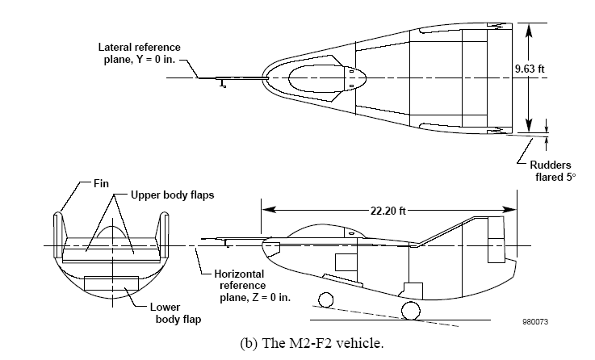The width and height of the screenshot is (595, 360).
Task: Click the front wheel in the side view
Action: pos(326,301)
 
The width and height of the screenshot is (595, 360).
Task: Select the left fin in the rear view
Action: pos(58,232)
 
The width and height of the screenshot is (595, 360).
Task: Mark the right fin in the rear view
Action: pos(166,232)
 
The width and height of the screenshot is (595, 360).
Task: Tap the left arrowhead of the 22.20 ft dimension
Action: pos(265,211)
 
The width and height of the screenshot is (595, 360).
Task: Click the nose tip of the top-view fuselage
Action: pos(266,78)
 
